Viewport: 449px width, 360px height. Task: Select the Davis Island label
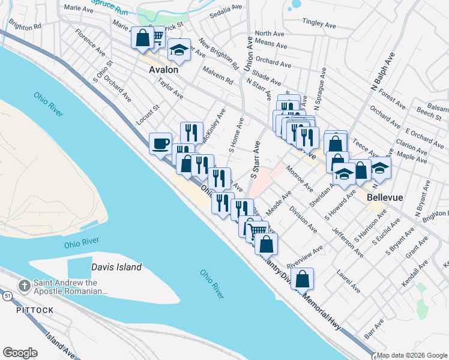[x=116, y=268]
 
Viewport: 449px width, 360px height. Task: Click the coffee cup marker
[x=160, y=143]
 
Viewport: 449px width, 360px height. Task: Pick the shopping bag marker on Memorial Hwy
[x=304, y=278]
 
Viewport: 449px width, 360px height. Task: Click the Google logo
[x=19, y=352]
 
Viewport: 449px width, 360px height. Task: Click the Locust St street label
[x=147, y=114]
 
